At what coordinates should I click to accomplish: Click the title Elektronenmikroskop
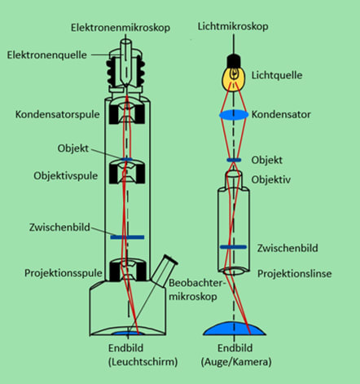click(121, 28)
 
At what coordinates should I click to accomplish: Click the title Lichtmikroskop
click(233, 27)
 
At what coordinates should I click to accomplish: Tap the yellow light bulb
click(234, 78)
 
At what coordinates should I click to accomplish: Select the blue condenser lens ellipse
click(234, 114)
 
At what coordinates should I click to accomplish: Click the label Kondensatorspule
click(57, 114)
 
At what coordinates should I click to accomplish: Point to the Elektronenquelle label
click(47, 55)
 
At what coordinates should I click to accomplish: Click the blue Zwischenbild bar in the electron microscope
click(127, 237)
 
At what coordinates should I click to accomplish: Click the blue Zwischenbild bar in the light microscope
click(233, 247)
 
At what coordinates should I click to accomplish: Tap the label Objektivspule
click(65, 176)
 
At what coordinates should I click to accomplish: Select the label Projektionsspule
click(64, 273)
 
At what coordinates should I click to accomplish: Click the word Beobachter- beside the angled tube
click(197, 283)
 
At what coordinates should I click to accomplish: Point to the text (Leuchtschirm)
click(143, 362)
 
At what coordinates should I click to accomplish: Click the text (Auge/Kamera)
click(236, 362)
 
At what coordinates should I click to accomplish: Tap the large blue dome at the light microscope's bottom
click(235, 329)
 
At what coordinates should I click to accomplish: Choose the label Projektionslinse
click(294, 274)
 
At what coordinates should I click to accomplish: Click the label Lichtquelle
click(277, 75)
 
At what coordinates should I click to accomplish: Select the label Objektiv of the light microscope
click(271, 179)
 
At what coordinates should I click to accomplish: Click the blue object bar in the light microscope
click(234, 160)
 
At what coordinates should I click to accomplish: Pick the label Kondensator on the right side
click(281, 114)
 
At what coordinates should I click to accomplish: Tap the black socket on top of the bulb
click(234, 61)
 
